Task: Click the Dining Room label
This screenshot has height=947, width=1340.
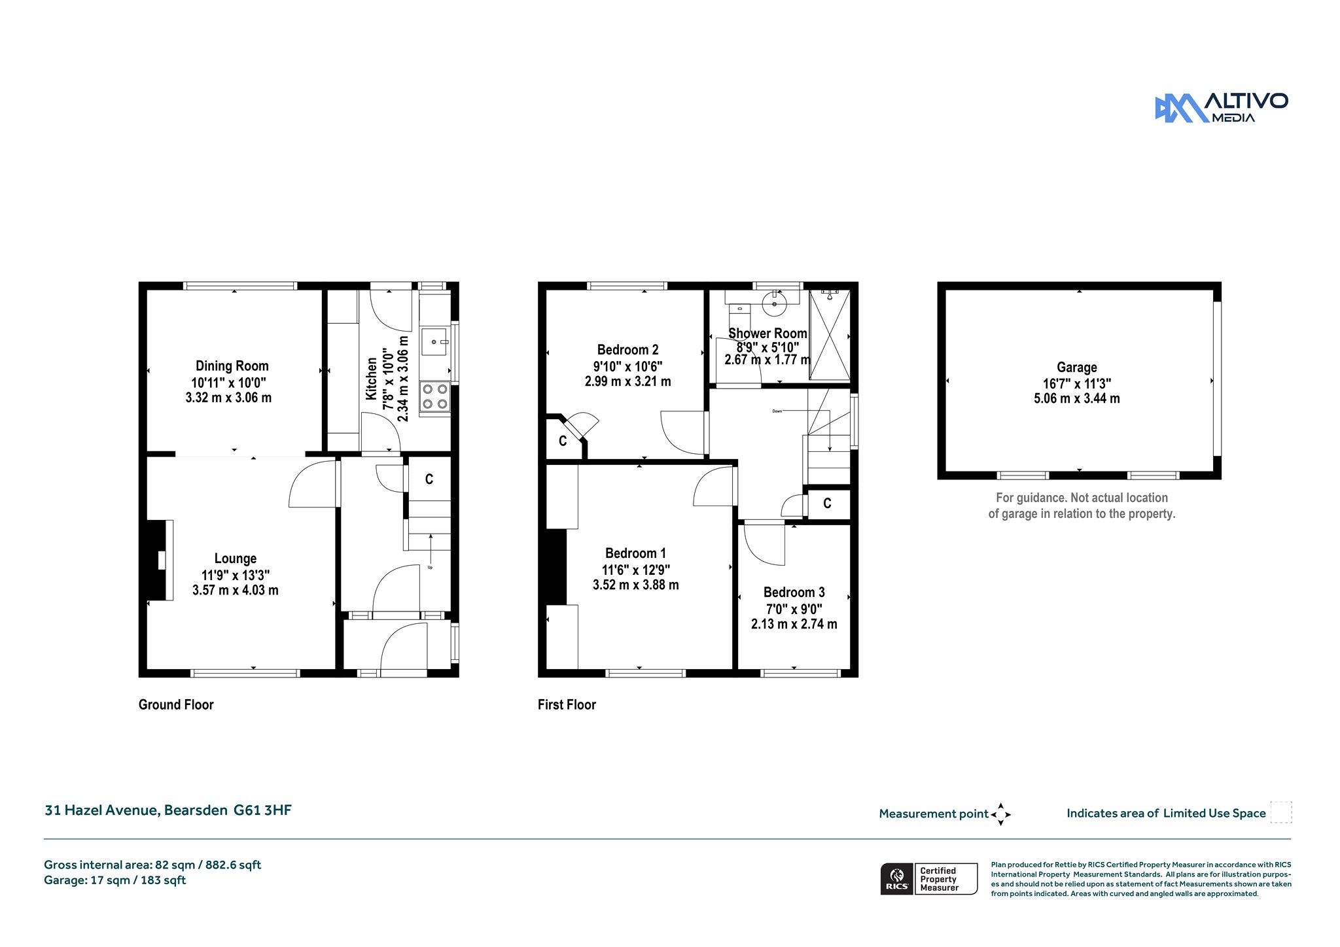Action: [x=232, y=366]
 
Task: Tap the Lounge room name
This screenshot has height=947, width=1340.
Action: [x=236, y=559]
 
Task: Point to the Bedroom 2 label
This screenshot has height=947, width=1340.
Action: [x=628, y=350]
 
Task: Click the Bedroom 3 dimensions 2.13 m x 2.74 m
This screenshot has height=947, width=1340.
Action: [x=794, y=624]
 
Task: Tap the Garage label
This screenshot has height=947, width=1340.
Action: [x=1077, y=368]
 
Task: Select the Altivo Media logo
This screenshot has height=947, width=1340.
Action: [x=1221, y=108]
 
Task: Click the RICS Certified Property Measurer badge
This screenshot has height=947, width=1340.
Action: [x=929, y=879]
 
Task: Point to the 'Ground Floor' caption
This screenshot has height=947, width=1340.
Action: [x=176, y=704]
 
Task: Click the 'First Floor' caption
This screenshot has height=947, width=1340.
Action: [x=567, y=704]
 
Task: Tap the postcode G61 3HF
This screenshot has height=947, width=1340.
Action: [x=263, y=810]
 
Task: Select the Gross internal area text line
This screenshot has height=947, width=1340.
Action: [x=152, y=865]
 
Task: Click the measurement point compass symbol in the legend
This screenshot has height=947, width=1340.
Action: [x=1000, y=814]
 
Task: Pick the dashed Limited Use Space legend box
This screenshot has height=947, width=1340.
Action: [x=1281, y=812]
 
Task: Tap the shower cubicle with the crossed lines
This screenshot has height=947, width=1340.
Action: [x=830, y=335]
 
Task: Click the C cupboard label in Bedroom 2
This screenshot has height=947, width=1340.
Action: [x=563, y=441]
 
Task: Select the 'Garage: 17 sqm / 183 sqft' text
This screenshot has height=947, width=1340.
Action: [x=115, y=880]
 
